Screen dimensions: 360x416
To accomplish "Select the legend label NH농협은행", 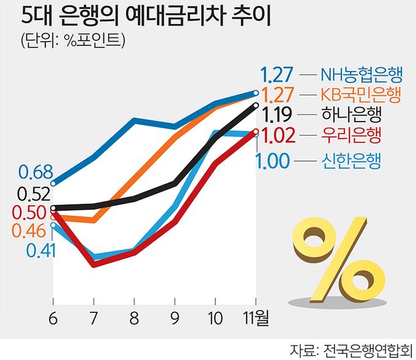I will click(361, 75).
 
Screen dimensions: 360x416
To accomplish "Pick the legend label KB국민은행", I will click(361, 95).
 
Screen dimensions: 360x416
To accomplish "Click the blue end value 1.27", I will click(278, 75).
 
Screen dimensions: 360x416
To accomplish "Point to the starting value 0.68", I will click(35, 172).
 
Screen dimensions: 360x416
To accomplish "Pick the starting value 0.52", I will click(34, 195).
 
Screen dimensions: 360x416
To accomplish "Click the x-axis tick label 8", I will click(134, 318).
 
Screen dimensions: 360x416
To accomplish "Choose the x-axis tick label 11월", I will click(256, 318).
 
